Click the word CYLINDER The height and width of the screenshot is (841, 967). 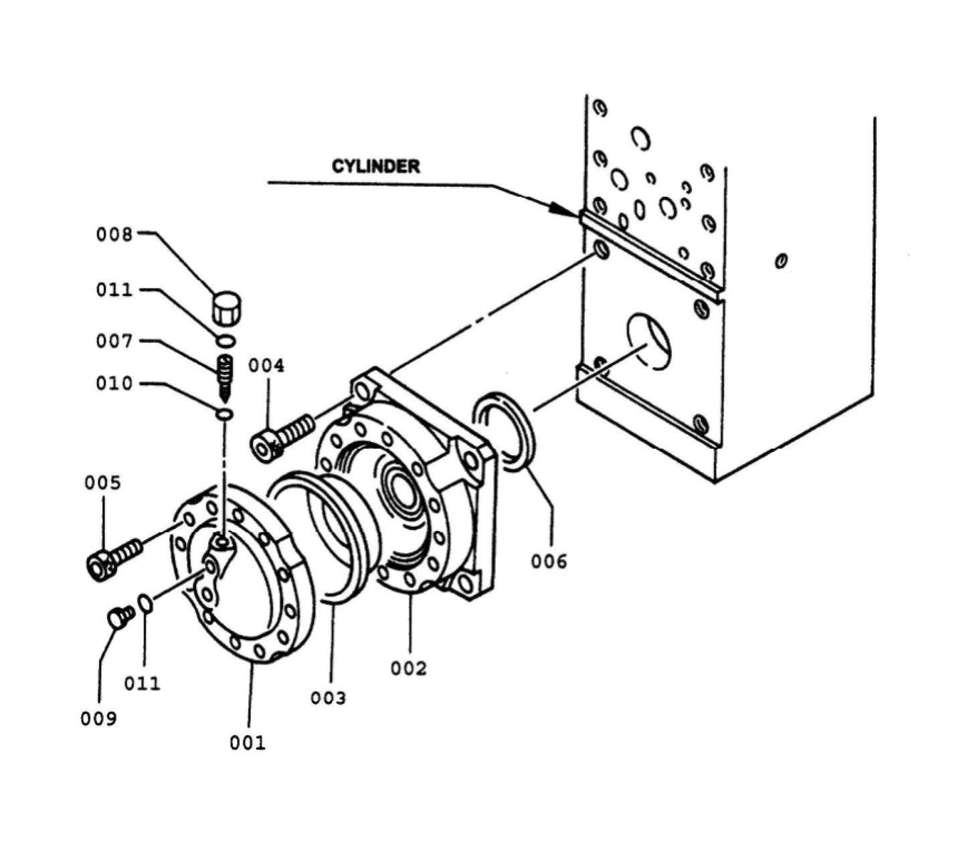(375, 166)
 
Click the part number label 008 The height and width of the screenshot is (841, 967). (114, 234)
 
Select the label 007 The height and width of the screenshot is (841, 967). (114, 341)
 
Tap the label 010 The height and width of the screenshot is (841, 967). (114, 384)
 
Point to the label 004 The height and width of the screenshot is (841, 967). (266, 366)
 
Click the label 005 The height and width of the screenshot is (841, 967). (102, 483)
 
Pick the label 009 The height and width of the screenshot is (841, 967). (98, 718)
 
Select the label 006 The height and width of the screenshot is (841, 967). (549, 561)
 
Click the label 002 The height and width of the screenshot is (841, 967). (408, 668)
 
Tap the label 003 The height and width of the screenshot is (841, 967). (328, 698)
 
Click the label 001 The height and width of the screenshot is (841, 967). (248, 742)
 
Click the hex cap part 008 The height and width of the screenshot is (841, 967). (226, 307)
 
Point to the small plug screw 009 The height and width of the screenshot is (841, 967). (120, 617)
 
